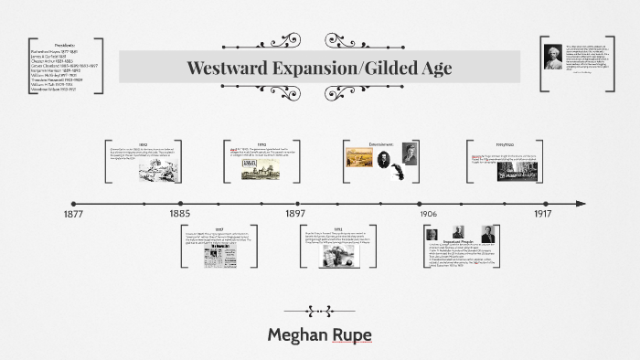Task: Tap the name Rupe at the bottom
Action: [353, 334]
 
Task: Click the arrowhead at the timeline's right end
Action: [581, 203]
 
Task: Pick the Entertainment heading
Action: [382, 144]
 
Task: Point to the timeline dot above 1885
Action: [180, 203]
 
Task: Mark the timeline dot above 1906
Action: [420, 203]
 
